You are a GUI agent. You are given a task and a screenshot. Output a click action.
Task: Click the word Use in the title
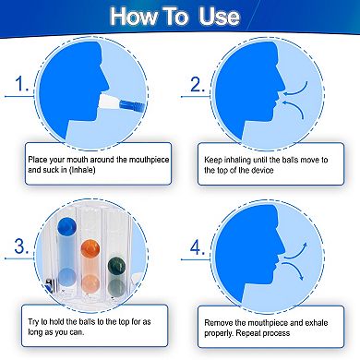click(219, 16)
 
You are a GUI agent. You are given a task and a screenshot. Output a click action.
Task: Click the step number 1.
click(21, 84)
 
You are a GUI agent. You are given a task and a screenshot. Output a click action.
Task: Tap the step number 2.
click(198, 84)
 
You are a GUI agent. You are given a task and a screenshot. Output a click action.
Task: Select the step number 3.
click(21, 246)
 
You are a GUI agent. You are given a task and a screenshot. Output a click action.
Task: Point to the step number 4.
click(198, 247)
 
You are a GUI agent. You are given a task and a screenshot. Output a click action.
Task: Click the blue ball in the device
click(66, 225)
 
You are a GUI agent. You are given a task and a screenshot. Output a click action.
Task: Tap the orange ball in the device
click(90, 248)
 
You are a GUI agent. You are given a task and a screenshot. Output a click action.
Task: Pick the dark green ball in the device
click(116, 266)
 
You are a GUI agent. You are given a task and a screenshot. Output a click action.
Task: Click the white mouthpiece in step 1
click(109, 102)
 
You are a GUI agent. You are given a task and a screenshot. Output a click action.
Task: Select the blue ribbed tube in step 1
click(132, 106)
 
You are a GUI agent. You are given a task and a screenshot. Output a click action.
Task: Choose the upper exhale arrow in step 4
click(295, 250)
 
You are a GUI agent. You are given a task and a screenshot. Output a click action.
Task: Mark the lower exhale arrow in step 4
click(294, 270)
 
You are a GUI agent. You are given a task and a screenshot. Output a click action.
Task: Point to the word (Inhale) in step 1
click(82, 170)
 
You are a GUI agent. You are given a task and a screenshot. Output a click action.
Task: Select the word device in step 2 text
click(262, 170)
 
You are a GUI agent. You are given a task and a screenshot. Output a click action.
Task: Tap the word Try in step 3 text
click(33, 322)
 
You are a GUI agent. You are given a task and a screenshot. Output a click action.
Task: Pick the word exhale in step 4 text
click(317, 323)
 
